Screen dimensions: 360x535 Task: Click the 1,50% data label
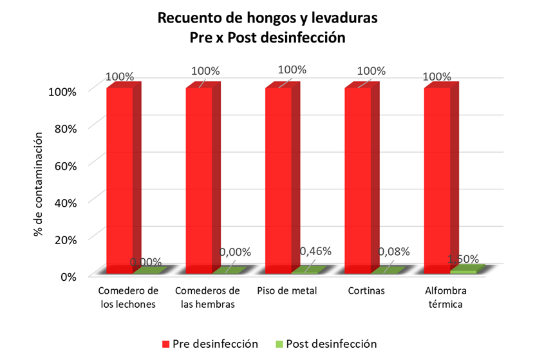tap(464, 259)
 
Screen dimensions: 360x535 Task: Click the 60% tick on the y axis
tap(64, 164)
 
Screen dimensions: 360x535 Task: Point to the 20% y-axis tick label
tap(64, 239)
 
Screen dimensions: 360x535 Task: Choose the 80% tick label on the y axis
tap(64, 128)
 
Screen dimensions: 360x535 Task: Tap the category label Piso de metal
tap(286, 290)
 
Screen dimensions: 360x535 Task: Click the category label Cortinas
tap(366, 290)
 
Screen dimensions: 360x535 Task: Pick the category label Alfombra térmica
tap(445, 297)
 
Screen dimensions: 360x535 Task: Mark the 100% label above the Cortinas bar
tap(371, 71)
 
